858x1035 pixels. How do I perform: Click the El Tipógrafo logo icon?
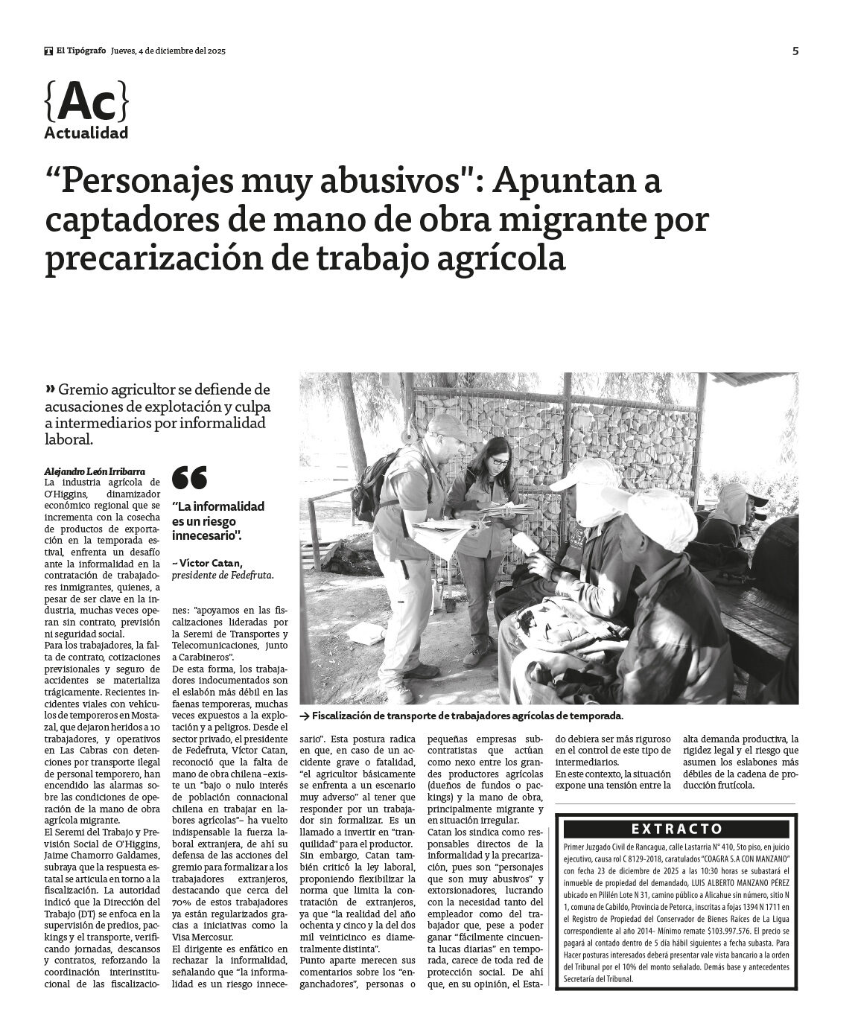[x=48, y=51]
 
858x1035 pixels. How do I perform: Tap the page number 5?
[x=795, y=51]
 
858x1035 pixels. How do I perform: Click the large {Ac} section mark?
[x=86, y=102]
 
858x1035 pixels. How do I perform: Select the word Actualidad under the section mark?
[x=86, y=133]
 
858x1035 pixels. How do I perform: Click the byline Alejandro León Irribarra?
[x=95, y=471]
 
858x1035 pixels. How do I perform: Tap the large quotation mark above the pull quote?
[x=189, y=477]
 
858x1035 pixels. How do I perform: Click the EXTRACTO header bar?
[x=676, y=829]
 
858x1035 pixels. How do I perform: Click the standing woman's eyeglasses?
[x=500, y=462]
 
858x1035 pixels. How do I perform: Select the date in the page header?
[x=168, y=51]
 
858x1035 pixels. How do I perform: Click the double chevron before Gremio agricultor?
[x=51, y=389]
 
